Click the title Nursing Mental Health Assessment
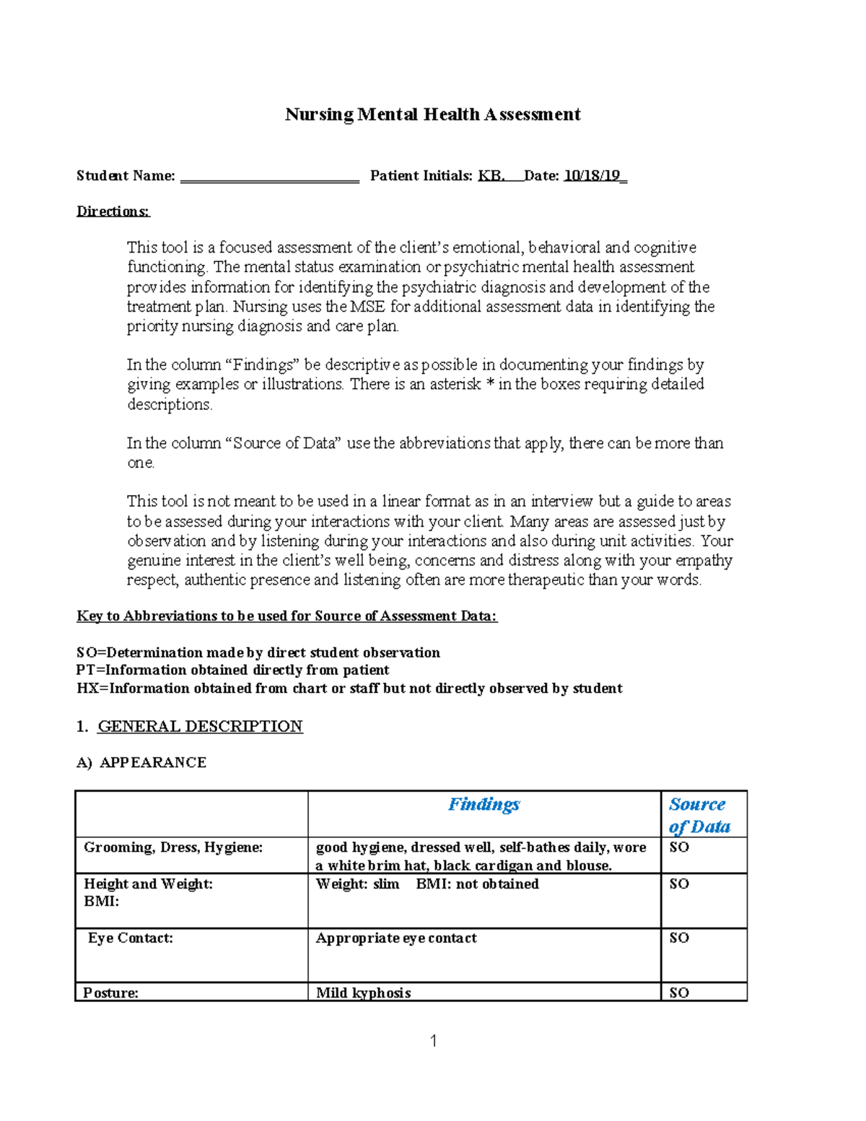tap(432, 114)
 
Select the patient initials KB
tap(491, 175)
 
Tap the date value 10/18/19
tap(592, 175)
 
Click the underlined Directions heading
tap(113, 211)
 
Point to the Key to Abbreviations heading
tap(287, 616)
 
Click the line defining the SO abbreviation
tap(258, 653)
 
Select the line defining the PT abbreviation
tap(232, 670)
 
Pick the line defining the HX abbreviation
tap(349, 688)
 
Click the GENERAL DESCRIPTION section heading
tap(200, 726)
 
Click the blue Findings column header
tap(484, 804)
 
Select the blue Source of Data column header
tap(699, 815)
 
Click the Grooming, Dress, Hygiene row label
tap(173, 847)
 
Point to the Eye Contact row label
tap(131, 938)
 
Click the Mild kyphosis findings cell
tap(363, 993)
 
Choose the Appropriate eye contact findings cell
tap(396, 938)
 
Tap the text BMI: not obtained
tap(477, 884)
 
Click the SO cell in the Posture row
tap(679, 993)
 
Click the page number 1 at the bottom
tap(433, 1040)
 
